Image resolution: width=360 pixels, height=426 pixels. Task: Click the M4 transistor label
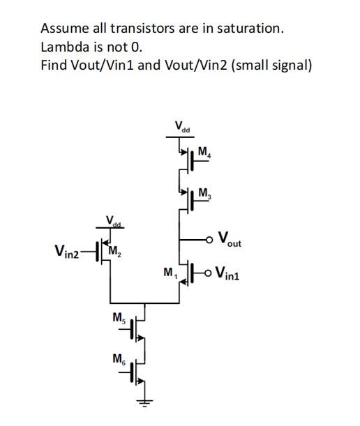204,152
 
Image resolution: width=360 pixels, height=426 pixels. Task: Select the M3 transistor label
204,193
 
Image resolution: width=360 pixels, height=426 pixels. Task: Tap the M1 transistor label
169,273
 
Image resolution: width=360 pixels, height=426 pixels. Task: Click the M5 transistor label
119,319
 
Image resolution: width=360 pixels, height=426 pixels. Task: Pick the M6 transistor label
119,360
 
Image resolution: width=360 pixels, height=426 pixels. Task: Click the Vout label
230,240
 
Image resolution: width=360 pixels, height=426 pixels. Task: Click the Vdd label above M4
183,128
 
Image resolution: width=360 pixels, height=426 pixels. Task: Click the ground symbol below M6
144,402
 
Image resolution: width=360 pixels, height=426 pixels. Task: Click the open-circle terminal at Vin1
209,272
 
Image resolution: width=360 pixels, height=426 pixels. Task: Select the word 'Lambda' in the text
63,47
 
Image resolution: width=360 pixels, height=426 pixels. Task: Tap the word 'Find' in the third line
53,66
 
